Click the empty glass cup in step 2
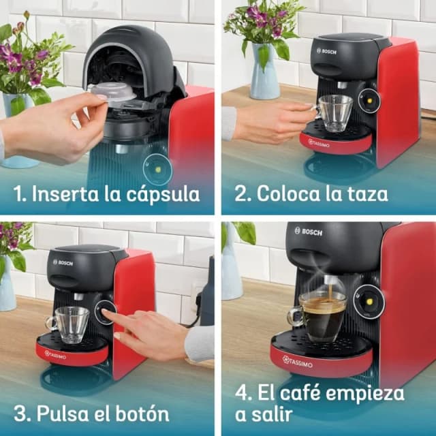tap(335, 112)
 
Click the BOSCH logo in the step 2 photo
tap(329, 50)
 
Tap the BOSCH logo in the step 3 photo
tap(63, 262)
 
